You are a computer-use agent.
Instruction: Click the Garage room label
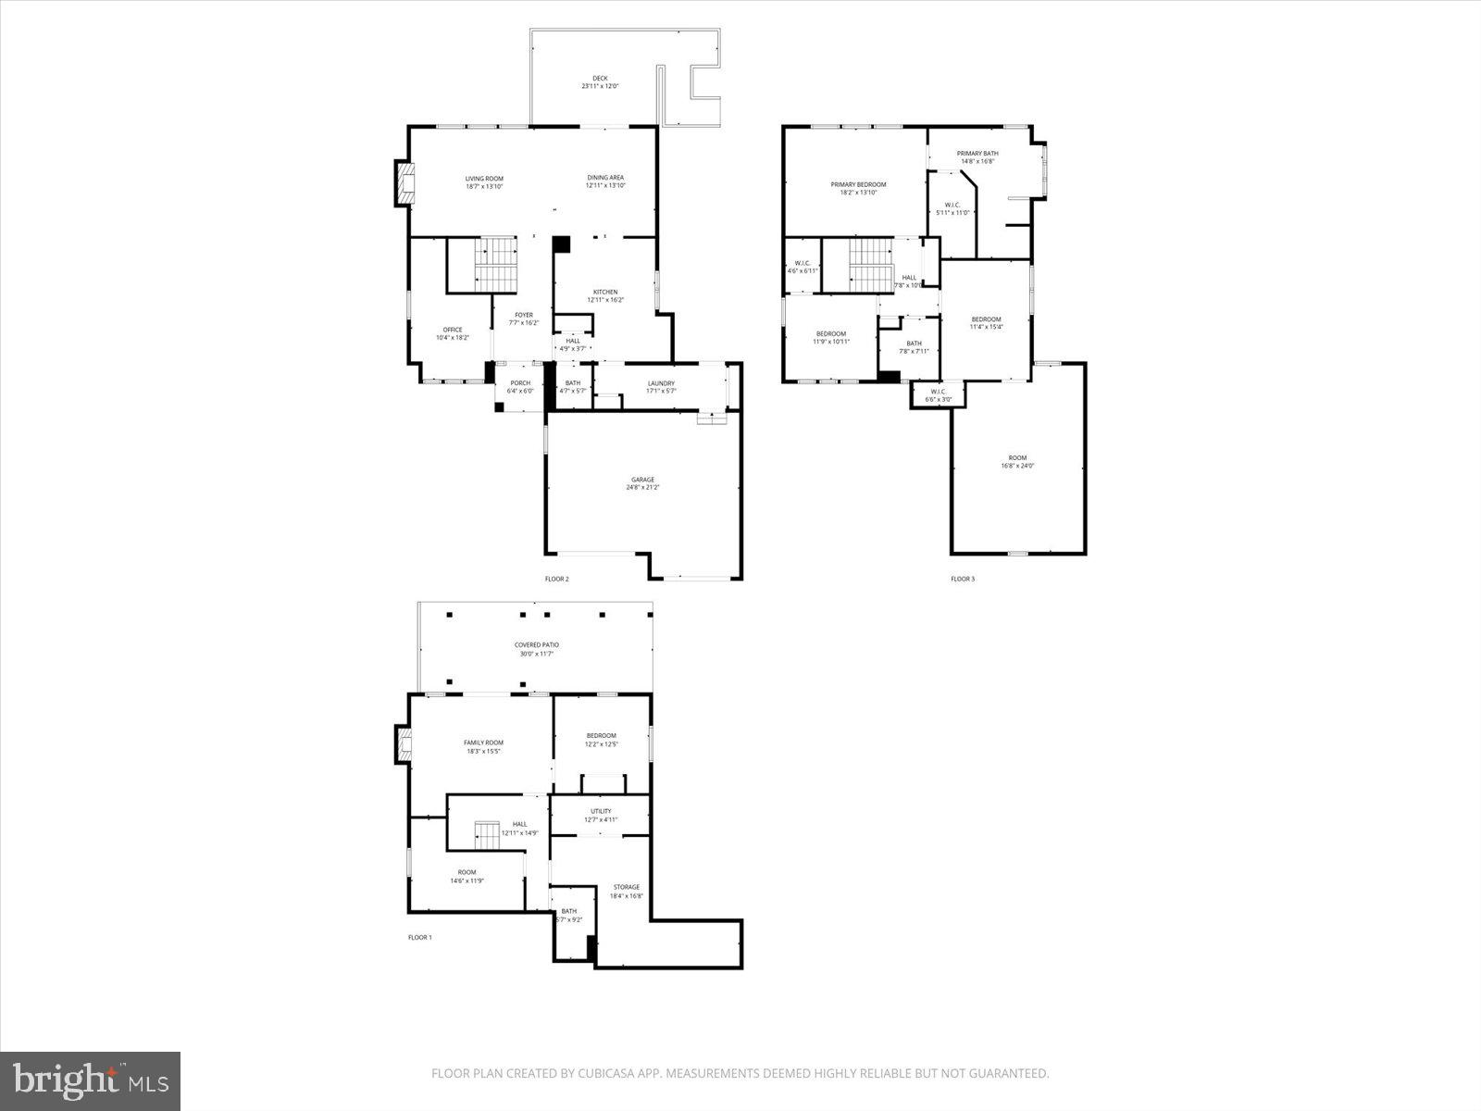(642, 480)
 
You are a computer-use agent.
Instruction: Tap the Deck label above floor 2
(600, 79)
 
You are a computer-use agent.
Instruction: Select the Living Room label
(484, 179)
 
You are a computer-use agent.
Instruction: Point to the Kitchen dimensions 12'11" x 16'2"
(605, 300)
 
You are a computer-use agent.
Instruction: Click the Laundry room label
(661, 383)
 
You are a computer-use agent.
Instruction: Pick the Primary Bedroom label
(858, 185)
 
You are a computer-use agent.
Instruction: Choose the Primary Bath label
(977, 154)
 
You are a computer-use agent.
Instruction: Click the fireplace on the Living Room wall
(404, 184)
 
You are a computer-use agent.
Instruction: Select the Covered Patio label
(537, 645)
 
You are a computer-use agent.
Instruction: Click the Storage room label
(626, 887)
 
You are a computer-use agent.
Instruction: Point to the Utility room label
(601, 811)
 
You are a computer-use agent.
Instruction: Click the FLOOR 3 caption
(963, 580)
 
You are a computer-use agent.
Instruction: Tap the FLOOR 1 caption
(420, 938)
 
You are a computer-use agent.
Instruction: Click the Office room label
(453, 330)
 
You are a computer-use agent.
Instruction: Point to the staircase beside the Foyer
(497, 264)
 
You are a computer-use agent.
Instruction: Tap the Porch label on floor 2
(520, 383)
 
